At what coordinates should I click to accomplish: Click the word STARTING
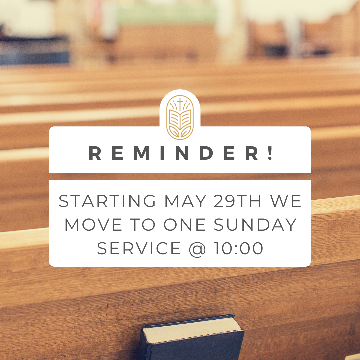(107, 201)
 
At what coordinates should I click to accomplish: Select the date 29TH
(237, 201)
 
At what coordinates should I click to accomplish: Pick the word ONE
(184, 225)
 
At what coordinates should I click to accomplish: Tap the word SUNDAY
(255, 225)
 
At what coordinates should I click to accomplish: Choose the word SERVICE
(139, 248)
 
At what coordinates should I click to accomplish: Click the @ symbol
(197, 249)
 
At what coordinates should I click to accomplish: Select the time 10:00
(238, 248)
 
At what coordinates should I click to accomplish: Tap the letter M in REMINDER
(141, 153)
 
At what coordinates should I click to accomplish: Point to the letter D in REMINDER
(206, 153)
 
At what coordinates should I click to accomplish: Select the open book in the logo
(180, 119)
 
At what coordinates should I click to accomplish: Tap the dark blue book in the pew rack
(192, 337)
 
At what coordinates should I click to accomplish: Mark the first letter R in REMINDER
(95, 153)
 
